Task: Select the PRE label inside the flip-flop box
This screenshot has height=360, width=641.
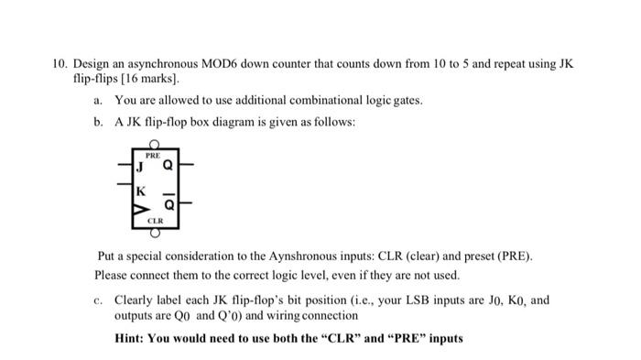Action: (155, 156)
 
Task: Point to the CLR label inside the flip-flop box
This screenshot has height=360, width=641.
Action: (156, 221)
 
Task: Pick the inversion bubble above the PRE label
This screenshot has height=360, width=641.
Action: (156, 146)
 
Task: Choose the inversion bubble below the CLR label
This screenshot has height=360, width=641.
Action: (156, 231)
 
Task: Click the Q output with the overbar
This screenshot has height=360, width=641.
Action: (168, 202)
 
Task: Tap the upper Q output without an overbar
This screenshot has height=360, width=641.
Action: (168, 167)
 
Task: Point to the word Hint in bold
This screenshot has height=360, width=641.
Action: (131, 338)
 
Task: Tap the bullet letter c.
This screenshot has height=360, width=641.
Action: (97, 300)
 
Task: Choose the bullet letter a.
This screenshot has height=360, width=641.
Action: (97, 100)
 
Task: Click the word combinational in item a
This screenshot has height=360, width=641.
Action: (310, 100)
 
